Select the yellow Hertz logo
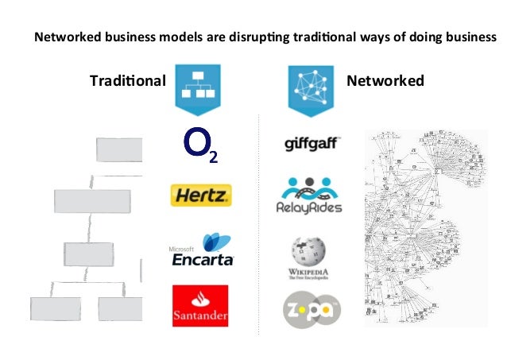click(200, 195)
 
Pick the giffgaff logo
click(312, 144)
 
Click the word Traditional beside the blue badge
click(127, 81)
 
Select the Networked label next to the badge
click(385, 81)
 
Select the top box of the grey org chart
click(119, 149)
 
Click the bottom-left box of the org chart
click(55, 308)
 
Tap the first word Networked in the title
click(64, 37)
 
